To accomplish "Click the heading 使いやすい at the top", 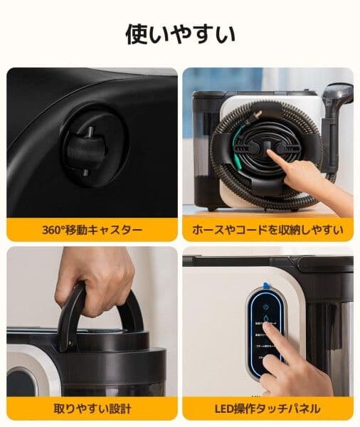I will point(180,33).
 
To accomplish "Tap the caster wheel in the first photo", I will point(80,150).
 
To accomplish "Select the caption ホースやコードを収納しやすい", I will point(268,230).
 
